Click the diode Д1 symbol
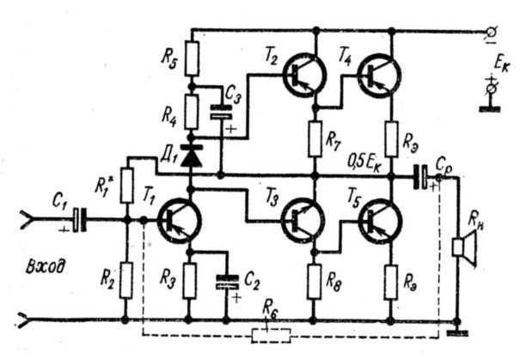191,156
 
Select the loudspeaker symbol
465,248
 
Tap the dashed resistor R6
271,336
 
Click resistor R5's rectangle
192,58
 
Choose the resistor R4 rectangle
191,113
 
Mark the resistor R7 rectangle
315,139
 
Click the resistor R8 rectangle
315,282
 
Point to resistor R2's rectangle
126,281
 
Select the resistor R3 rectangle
190,281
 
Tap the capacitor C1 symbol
80,220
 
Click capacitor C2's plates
228,282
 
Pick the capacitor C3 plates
221,112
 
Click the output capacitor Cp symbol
420,177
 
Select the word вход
46,267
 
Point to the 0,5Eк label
364,163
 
